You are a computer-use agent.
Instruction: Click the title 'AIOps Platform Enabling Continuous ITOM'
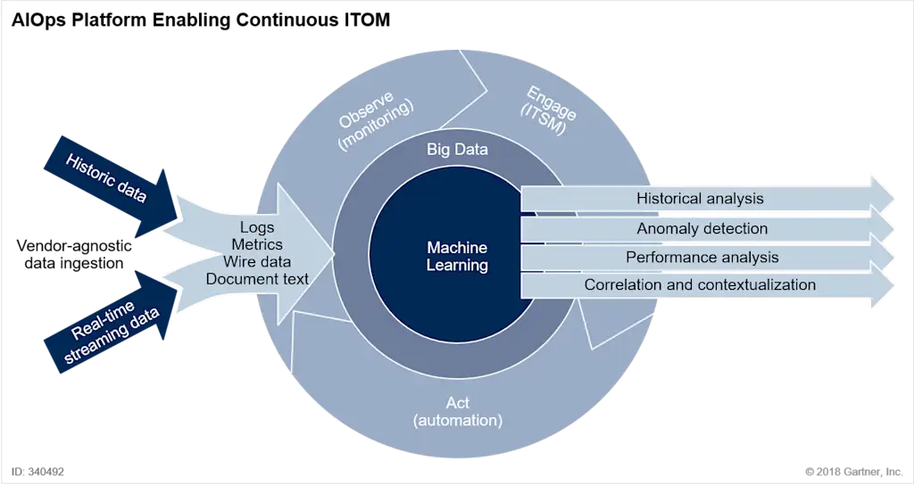pyautogui.click(x=201, y=20)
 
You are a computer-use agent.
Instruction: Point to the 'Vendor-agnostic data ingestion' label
pyautogui.click(x=74, y=254)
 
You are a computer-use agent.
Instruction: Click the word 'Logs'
pyautogui.click(x=257, y=227)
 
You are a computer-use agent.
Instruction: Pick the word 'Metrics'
pyautogui.click(x=257, y=244)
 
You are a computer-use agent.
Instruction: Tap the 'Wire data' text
pyautogui.click(x=257, y=261)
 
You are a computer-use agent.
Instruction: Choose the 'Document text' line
pyautogui.click(x=257, y=279)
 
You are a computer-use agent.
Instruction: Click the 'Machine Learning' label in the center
pyautogui.click(x=457, y=256)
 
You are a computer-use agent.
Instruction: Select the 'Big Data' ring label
pyautogui.click(x=457, y=150)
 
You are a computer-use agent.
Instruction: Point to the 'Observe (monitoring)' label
pyautogui.click(x=376, y=119)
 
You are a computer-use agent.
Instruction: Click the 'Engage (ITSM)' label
pyautogui.click(x=548, y=111)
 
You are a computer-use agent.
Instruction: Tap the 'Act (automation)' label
pyautogui.click(x=458, y=411)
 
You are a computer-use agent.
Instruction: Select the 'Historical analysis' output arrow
pyautogui.click(x=707, y=199)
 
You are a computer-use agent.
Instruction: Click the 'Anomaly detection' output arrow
pyautogui.click(x=707, y=228)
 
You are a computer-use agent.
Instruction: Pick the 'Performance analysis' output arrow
pyautogui.click(x=707, y=257)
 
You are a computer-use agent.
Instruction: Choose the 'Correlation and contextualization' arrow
pyautogui.click(x=707, y=284)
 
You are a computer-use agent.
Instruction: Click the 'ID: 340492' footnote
pyautogui.click(x=37, y=472)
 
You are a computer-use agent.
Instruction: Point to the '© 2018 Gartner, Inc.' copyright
pyautogui.click(x=854, y=472)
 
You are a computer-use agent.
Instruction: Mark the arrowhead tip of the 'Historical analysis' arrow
pyautogui.click(x=893, y=198)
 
